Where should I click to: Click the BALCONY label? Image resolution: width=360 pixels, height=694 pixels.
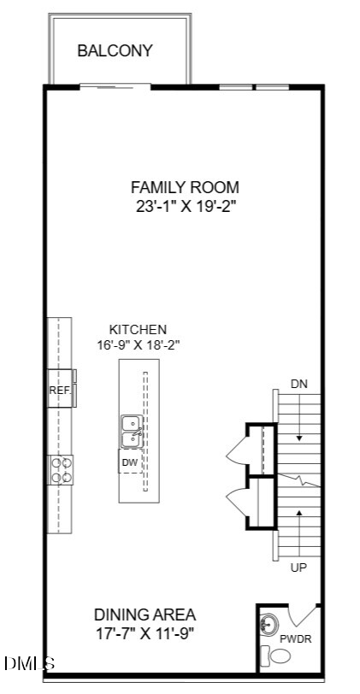pos(115,50)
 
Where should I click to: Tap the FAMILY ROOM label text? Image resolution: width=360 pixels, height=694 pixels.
pos(185,187)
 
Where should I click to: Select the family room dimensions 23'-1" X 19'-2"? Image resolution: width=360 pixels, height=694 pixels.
pos(185,207)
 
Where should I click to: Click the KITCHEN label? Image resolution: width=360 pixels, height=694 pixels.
pos(138,330)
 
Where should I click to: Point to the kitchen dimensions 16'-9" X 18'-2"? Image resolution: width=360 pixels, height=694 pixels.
pos(138,344)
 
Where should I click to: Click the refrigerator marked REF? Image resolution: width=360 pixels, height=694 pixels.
pos(60,389)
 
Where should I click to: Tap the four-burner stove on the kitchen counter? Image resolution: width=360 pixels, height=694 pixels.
pos(61,470)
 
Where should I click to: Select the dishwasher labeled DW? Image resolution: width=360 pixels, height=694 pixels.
pos(130,462)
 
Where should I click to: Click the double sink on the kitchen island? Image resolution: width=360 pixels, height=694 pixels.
pos(132,432)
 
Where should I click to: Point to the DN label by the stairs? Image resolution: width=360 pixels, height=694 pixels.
pos(299,384)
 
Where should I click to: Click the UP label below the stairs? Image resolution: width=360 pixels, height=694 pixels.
pos(299,568)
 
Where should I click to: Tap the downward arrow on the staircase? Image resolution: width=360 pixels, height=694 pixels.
pos(299,417)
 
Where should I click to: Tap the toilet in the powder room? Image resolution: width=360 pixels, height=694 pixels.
pos(275,655)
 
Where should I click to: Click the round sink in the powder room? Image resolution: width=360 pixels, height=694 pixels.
pos(269,624)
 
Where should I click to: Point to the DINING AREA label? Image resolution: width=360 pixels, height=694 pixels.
pos(145,615)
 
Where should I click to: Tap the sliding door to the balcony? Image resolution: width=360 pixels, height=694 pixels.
pos(115,87)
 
